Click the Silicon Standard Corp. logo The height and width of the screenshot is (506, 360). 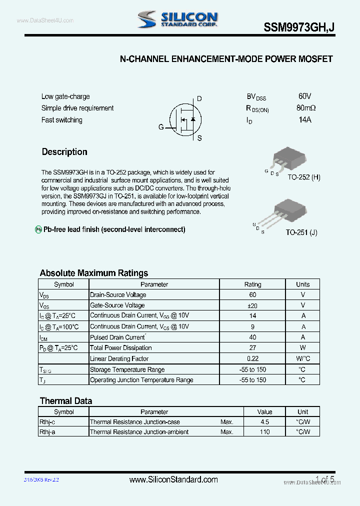[x=178, y=19]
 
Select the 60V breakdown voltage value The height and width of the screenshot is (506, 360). [x=304, y=96]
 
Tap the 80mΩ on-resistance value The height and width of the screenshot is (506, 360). [x=305, y=108]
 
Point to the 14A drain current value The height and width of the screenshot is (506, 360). [x=304, y=120]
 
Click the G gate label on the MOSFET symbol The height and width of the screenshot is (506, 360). [x=161, y=127]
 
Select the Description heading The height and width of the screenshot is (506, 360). [x=64, y=152]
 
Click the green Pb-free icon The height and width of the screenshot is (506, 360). [x=38, y=229]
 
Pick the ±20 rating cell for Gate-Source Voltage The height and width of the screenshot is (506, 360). [x=252, y=305]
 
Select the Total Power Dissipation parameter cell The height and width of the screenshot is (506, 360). [x=121, y=348]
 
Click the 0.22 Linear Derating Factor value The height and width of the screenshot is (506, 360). [x=252, y=358]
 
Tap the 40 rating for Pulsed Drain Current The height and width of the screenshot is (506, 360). [x=252, y=337]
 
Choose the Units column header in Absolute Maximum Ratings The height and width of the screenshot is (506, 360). [x=302, y=284]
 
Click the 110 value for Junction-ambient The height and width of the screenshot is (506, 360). [x=264, y=432]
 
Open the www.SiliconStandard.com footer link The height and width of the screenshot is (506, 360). [x=173, y=479]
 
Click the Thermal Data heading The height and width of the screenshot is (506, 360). [x=65, y=401]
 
